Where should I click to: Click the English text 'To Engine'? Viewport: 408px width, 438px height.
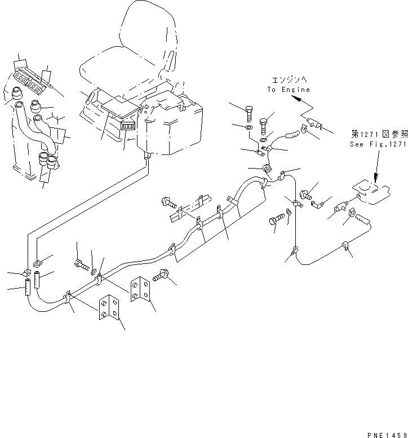[x=289, y=90]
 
